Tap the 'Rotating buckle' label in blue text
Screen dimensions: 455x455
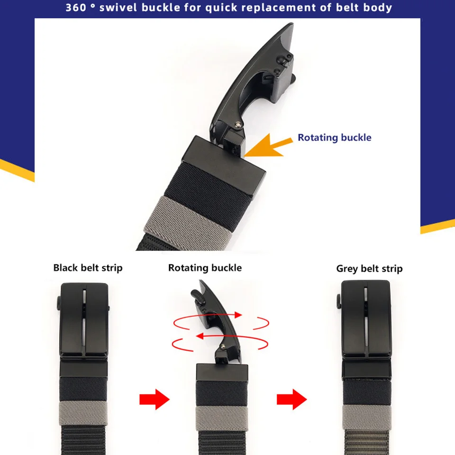click(x=334, y=137)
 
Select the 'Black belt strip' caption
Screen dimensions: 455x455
click(x=88, y=268)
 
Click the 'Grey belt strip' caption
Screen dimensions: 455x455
click(x=369, y=269)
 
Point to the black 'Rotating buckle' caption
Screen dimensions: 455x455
click(x=205, y=268)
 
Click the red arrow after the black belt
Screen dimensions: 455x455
click(x=154, y=400)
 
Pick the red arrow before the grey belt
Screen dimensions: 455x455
click(x=291, y=400)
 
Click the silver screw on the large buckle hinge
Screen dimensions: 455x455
click(x=237, y=125)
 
